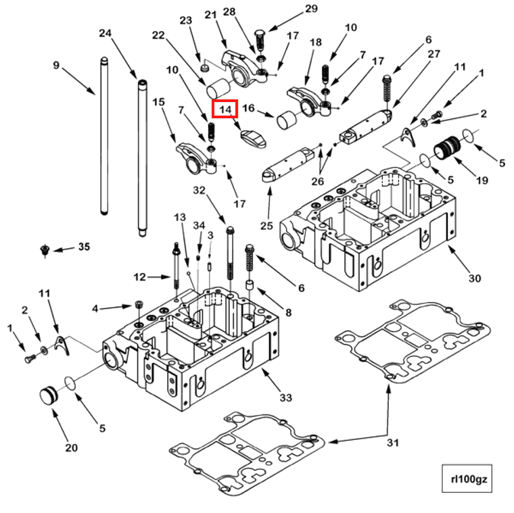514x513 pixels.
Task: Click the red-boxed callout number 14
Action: click(x=225, y=109)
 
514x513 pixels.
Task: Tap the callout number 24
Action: click(x=106, y=33)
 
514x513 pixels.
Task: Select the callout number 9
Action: click(x=56, y=65)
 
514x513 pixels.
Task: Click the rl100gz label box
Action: click(x=467, y=479)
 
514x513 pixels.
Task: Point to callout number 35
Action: click(x=84, y=247)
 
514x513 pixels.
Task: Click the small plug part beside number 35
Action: click(x=44, y=251)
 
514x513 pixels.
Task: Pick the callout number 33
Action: click(x=285, y=397)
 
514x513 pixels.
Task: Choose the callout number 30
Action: click(x=475, y=278)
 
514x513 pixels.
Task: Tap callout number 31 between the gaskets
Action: click(x=393, y=443)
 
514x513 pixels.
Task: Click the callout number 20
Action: click(x=72, y=447)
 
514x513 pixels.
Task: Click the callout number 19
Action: click(x=482, y=180)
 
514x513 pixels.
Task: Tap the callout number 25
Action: click(x=266, y=226)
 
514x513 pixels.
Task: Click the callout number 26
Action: click(x=317, y=181)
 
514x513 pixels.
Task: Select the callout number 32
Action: click(x=199, y=190)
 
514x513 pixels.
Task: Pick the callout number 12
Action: click(x=139, y=277)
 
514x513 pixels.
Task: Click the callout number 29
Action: click(x=311, y=9)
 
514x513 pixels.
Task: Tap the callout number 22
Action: click(x=158, y=34)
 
